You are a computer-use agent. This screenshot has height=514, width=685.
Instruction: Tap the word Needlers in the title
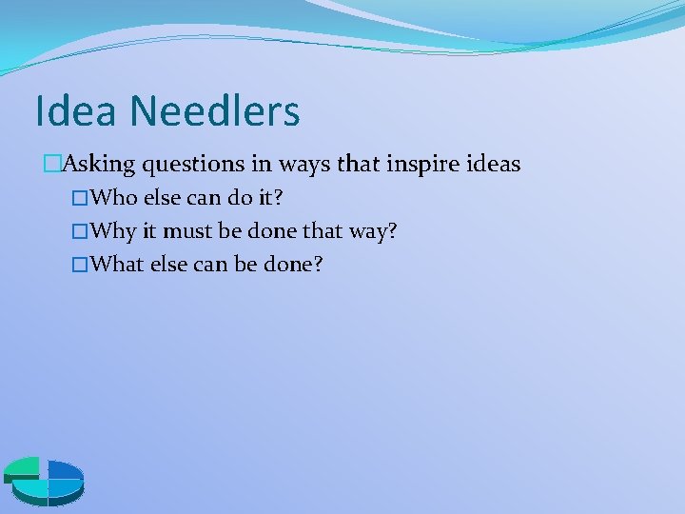pos(215,110)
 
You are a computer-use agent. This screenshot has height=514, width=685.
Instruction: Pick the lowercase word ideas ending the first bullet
pos(493,164)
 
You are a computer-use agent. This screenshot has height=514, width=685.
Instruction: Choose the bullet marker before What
pos(80,264)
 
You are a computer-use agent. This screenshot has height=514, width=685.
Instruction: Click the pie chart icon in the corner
pos(44,479)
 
